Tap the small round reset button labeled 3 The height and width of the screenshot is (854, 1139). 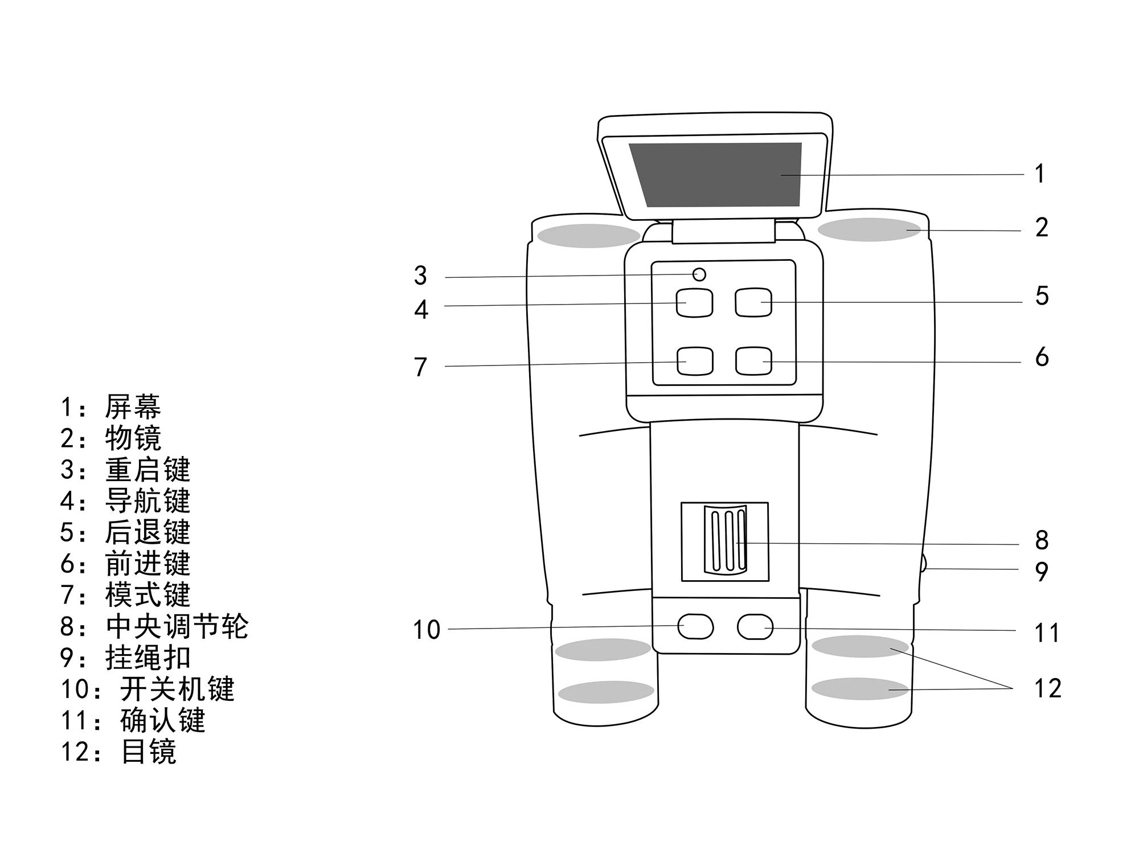coord(699,275)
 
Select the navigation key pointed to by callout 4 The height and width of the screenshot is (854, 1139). coord(694,303)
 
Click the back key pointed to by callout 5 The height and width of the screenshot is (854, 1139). coord(753,302)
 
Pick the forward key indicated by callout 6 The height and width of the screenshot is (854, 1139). coord(753,361)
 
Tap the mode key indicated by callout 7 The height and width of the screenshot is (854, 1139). coord(695,362)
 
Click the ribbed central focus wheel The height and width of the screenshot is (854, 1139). coord(725,540)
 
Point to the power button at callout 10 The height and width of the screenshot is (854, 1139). coord(695,627)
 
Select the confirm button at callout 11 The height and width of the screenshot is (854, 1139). coord(755,627)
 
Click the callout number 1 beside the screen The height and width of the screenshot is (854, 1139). coord(1040,174)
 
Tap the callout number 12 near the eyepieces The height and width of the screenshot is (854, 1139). coord(1047,688)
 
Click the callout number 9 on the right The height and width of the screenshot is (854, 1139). coord(1042,571)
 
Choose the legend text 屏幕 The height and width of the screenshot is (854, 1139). coord(133,407)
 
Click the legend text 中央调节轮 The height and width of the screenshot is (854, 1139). coord(177,626)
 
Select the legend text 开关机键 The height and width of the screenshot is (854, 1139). coord(177,689)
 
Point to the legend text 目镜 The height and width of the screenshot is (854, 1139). coord(149,752)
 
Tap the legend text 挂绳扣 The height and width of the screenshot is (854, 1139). coord(148,658)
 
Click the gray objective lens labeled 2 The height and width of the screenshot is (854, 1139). coord(869,229)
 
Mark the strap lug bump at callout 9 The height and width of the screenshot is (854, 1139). coord(923,563)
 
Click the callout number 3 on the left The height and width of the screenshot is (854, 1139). coord(420,276)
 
